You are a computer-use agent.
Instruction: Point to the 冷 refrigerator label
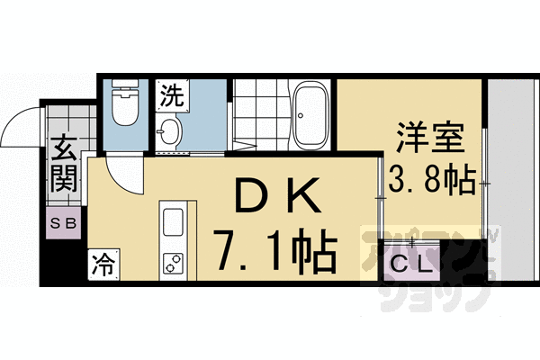pyautogui.click(x=103, y=265)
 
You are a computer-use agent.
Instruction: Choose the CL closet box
pyautogui.click(x=412, y=265)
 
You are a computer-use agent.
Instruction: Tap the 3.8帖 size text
pyautogui.click(x=431, y=181)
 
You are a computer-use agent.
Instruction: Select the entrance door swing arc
pyautogui.click(x=20, y=126)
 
